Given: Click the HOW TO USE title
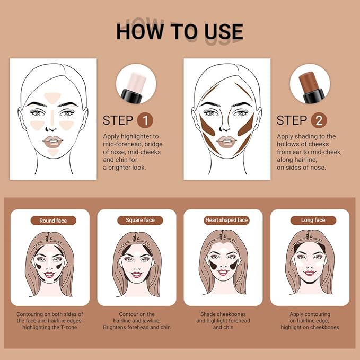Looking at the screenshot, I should (x=180, y=32).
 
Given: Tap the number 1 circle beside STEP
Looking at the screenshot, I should (x=145, y=120).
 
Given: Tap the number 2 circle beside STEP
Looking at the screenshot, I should (x=319, y=120).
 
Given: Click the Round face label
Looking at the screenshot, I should (x=53, y=220).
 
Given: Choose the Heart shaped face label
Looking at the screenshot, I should (x=226, y=220).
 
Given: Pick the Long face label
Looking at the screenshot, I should (x=313, y=220).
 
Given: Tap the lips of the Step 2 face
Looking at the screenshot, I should (x=226, y=142).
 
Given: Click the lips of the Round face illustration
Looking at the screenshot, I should (x=49, y=274).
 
